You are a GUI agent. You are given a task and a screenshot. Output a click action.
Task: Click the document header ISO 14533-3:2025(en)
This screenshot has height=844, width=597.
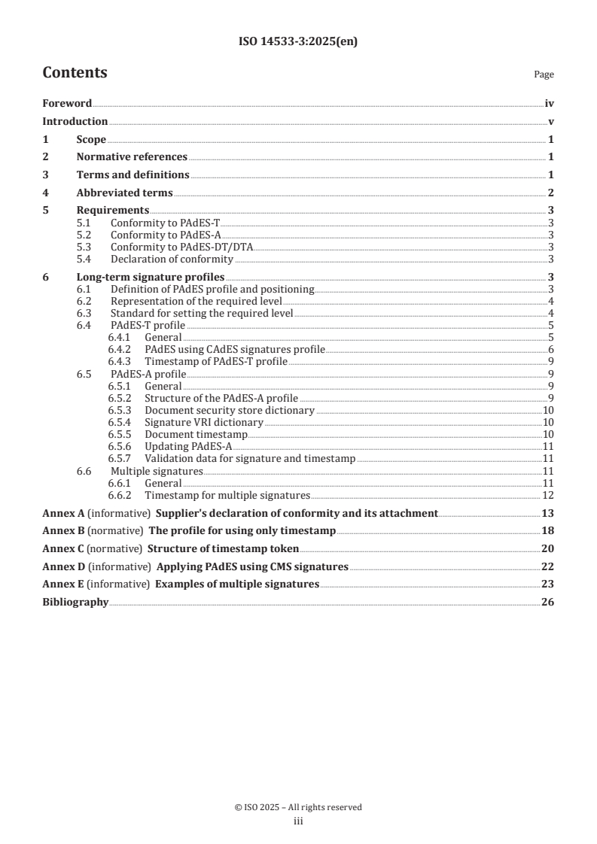click(297, 42)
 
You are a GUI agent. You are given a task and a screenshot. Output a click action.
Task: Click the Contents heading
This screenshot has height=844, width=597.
click(75, 73)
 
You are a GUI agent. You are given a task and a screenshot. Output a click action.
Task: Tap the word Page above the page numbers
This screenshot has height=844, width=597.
click(544, 74)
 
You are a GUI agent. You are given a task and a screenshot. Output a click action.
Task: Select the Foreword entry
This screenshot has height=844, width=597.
click(67, 104)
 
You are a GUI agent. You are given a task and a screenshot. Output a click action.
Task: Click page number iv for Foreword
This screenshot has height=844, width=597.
click(550, 104)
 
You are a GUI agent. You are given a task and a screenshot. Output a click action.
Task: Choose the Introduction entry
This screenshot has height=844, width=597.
click(75, 122)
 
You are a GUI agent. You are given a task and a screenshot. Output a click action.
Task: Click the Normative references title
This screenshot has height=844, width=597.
click(132, 157)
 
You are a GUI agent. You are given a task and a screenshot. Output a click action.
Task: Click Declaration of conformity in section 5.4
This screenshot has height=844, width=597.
click(172, 259)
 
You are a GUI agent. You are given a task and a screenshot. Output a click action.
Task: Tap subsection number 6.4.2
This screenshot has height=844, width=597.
click(123, 349)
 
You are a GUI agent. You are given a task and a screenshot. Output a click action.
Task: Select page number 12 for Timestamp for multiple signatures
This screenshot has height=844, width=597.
click(549, 495)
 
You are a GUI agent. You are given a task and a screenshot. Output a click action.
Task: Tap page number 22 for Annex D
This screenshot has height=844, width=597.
click(548, 566)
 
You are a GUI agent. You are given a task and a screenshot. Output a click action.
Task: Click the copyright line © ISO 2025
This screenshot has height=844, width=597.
click(298, 807)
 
